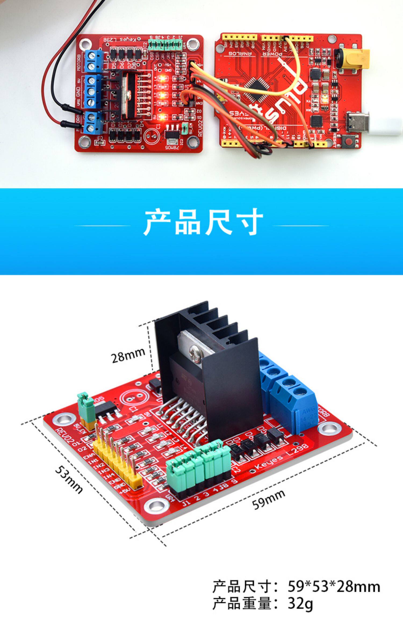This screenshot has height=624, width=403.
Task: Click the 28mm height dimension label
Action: (x=128, y=356)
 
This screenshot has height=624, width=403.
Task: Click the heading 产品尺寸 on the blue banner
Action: (x=203, y=223)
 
